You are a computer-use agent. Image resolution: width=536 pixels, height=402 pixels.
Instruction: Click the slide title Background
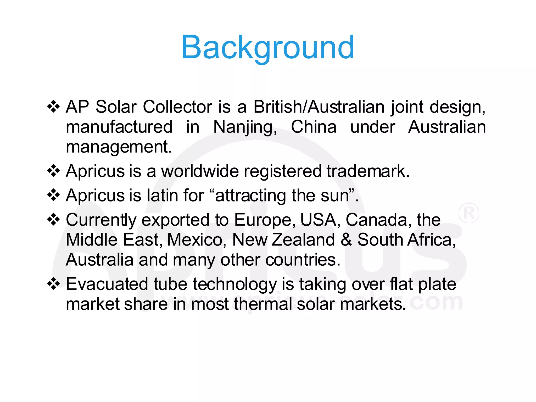[267, 47]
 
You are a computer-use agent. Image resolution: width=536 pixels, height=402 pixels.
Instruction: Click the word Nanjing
[245, 127]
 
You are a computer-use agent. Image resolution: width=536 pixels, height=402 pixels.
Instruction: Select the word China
[314, 127]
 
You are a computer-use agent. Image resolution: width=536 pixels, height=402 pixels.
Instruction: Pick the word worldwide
[200, 171]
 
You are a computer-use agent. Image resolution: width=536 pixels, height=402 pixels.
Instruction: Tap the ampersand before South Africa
[346, 240]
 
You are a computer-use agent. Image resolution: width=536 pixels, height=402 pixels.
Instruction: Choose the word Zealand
[303, 240]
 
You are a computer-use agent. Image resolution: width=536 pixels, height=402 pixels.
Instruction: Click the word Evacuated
[107, 284]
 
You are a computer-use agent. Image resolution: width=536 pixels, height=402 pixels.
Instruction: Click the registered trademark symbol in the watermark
[468, 213]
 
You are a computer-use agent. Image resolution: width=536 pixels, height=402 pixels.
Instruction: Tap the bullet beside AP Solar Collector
[53, 107]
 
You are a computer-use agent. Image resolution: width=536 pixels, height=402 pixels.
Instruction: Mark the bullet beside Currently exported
[53, 219]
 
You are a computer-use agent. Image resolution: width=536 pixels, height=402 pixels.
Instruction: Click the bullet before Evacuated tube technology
[53, 284]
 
